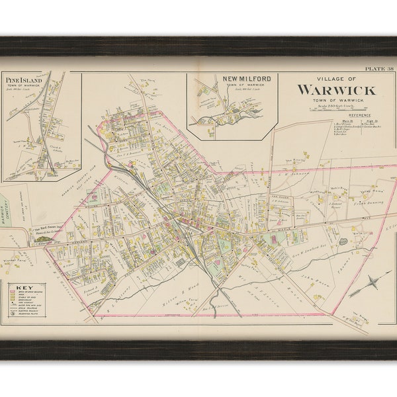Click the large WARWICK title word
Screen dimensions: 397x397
pyautogui.click(x=335, y=89)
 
